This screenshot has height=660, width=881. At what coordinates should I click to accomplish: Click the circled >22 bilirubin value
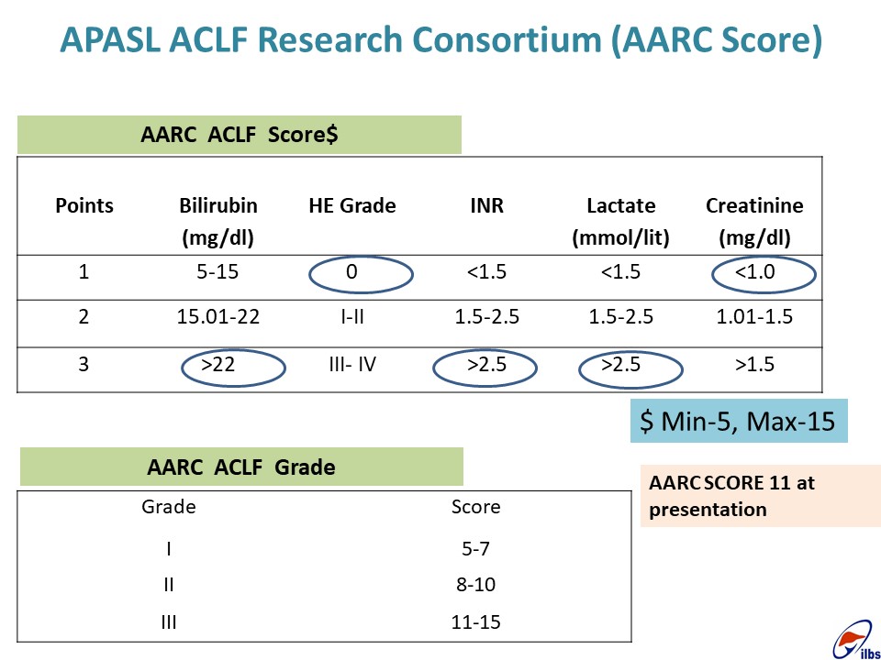[218, 365]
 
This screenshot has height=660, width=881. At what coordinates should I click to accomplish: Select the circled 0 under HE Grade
[351, 272]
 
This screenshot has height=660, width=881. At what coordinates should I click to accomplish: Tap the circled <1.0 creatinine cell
[754, 272]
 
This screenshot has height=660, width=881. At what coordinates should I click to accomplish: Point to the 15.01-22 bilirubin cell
[218, 317]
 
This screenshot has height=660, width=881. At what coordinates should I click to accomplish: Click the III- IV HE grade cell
[352, 365]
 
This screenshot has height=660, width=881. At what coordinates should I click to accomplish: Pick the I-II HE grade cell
[352, 317]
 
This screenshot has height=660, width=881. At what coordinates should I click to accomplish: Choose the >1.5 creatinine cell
[754, 365]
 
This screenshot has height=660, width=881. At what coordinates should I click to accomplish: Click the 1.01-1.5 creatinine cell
[754, 317]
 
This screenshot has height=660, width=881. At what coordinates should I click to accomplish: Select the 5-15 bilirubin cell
[218, 272]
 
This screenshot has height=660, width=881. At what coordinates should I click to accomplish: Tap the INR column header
[486, 206]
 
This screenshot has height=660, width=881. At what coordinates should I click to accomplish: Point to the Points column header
[84, 206]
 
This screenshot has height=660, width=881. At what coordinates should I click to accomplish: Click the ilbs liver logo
[855, 641]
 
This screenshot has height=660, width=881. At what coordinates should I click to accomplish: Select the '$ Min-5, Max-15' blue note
[739, 421]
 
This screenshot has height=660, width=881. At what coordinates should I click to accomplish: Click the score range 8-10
[476, 585]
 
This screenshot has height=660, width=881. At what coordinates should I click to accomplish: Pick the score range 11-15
[476, 622]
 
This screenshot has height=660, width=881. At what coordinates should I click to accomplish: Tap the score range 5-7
[476, 548]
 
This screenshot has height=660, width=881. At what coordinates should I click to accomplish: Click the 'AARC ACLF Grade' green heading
[241, 467]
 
